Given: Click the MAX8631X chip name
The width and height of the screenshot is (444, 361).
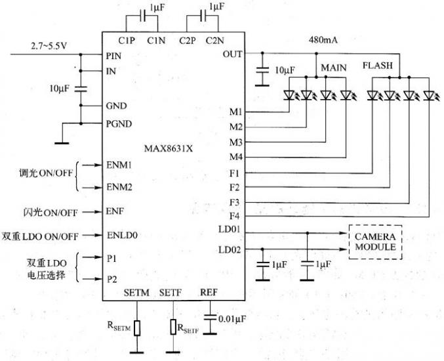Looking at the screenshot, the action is (x=168, y=148).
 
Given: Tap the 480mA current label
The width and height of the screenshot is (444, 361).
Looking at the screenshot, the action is (x=323, y=39).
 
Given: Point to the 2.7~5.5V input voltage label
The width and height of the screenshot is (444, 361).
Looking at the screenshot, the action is (x=49, y=46).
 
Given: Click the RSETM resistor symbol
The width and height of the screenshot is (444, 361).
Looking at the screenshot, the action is (x=137, y=328).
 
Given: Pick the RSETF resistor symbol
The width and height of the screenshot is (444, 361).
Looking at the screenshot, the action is (x=173, y=327).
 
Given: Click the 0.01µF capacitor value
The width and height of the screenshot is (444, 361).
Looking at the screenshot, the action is (x=232, y=319).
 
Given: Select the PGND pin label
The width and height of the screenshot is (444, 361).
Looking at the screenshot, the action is (x=119, y=124).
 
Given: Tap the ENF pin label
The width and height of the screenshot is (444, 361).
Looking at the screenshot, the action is (x=115, y=211).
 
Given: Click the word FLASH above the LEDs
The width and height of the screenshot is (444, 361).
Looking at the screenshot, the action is (x=378, y=66).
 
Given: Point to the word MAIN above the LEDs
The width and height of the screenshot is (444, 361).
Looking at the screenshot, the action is (x=334, y=68).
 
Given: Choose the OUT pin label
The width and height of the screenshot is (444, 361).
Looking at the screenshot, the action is (x=232, y=54).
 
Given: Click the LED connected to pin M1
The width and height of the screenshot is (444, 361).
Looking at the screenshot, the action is (x=289, y=95).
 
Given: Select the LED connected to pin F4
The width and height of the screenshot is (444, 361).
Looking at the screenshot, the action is (x=429, y=95).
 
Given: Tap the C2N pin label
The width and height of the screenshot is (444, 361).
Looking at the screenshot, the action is (x=214, y=41).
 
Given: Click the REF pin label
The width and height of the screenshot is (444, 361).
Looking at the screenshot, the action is (x=209, y=292).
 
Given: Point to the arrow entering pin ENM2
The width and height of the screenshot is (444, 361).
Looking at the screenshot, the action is (x=92, y=188).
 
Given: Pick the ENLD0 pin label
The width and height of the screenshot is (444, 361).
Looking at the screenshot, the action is (x=122, y=235).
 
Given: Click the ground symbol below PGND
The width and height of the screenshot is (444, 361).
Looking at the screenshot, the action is (x=62, y=143).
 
